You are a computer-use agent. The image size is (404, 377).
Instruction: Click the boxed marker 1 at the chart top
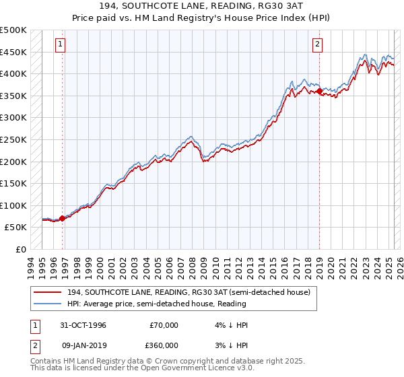[x=61, y=45]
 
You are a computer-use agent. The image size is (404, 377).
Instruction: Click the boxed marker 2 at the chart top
[x=317, y=45]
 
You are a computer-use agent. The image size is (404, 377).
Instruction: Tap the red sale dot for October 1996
[x=63, y=218]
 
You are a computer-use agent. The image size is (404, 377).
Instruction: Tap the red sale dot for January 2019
[x=318, y=91]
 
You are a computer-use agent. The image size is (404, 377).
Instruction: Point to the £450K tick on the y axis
[x=14, y=52]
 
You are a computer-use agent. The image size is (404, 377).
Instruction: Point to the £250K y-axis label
[x=14, y=139]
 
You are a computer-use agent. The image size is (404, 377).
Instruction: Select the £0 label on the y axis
[x=20, y=249]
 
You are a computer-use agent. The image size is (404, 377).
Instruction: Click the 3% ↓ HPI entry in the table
[x=230, y=345]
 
